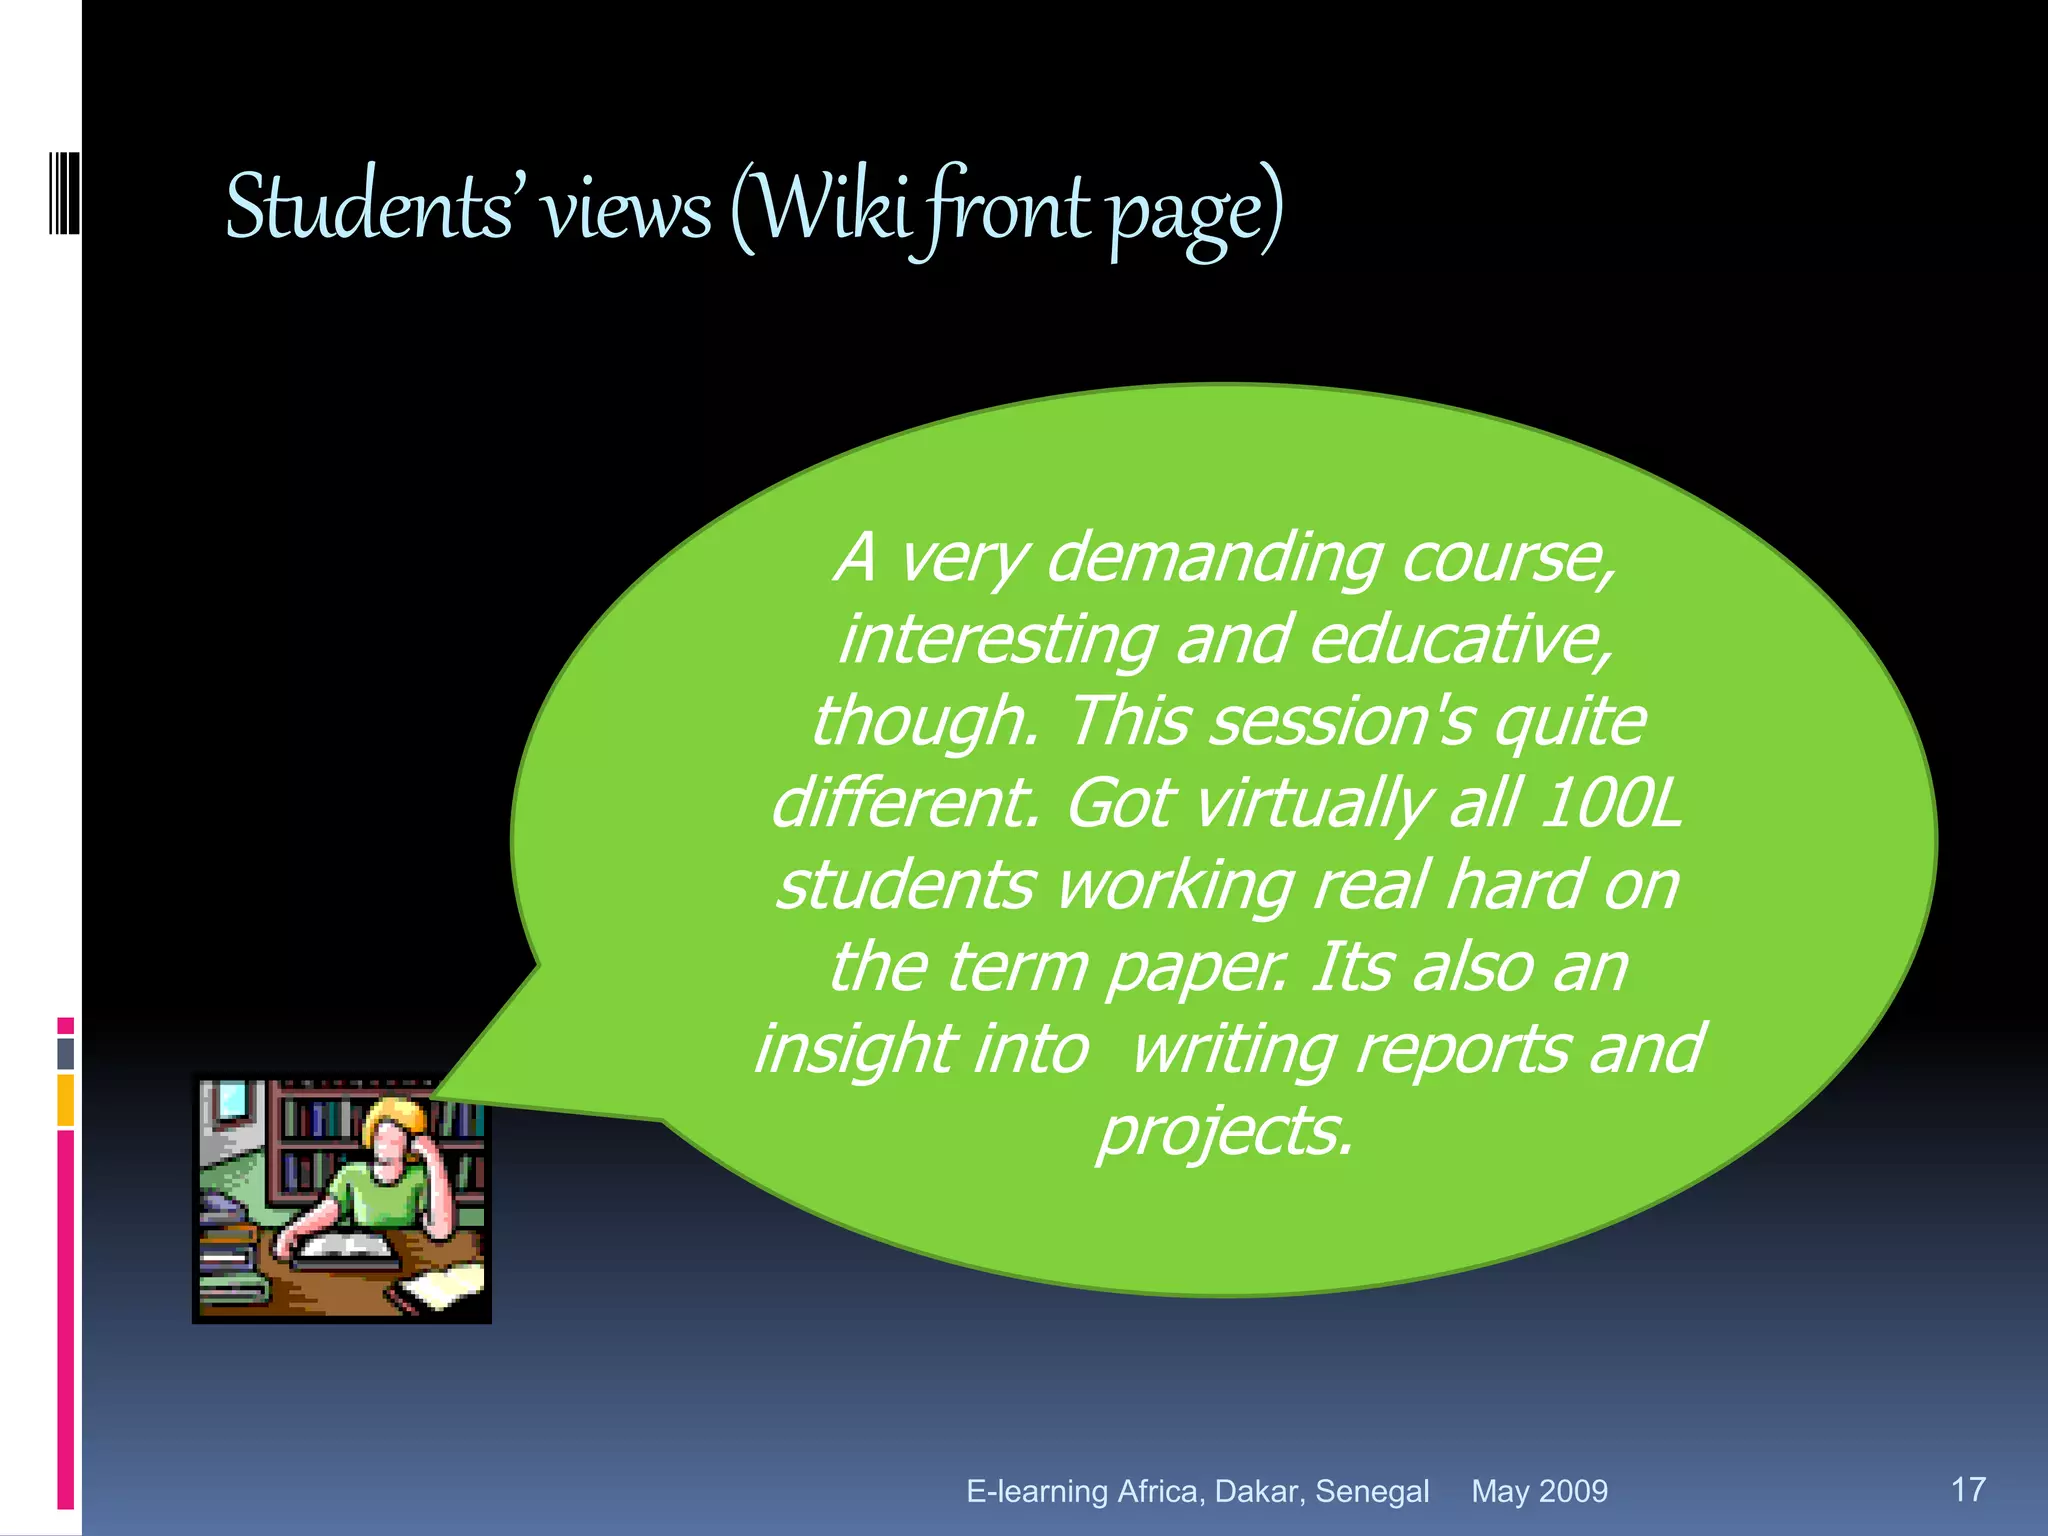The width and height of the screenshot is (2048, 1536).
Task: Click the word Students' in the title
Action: (369, 208)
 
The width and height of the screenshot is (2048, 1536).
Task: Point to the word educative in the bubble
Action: (1460, 640)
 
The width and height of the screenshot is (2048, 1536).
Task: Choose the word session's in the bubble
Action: (1342, 722)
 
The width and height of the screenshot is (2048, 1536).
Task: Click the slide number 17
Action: (1968, 1489)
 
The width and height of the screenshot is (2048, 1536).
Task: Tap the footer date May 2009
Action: (1539, 1491)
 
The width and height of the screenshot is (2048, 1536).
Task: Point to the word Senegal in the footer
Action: (1372, 1491)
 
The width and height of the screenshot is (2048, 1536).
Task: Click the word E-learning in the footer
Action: (1037, 1491)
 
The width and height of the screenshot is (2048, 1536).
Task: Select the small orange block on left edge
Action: (65, 1100)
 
